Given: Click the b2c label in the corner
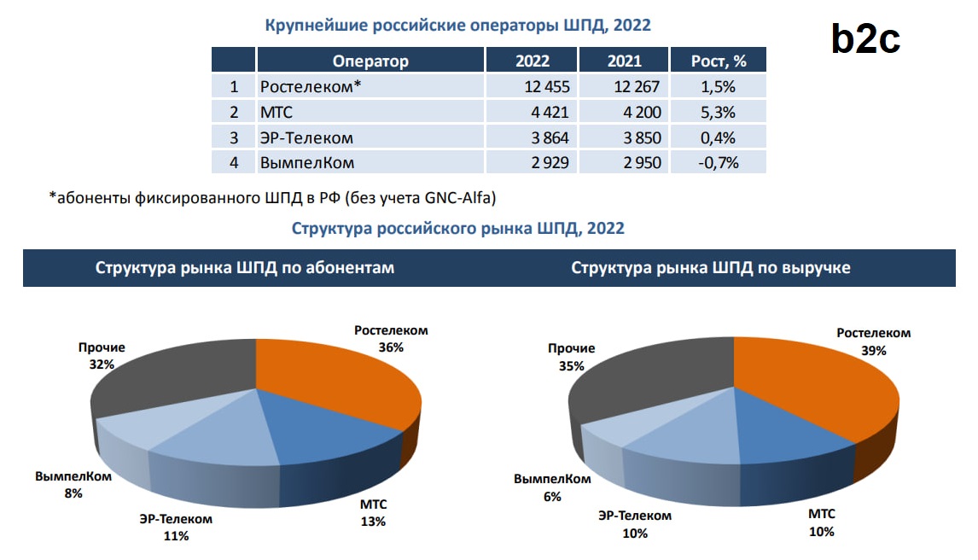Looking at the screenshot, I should pyautogui.click(x=865, y=39).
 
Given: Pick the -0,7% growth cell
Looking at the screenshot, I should pyautogui.click(x=718, y=162).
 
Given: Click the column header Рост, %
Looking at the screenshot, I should pyautogui.click(x=718, y=61).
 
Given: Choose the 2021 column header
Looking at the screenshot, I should pyautogui.click(x=624, y=61).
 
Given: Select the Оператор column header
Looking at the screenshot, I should pyautogui.click(x=370, y=61).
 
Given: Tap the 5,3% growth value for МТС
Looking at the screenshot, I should pyautogui.click(x=718, y=112).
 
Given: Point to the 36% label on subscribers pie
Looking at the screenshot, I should pyautogui.click(x=391, y=347).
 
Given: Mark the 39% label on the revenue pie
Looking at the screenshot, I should pyautogui.click(x=873, y=350).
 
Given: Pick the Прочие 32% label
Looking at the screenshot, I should pyautogui.click(x=102, y=356).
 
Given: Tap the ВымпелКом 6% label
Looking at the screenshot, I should pyautogui.click(x=552, y=487).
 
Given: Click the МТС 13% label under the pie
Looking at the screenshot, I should pyautogui.click(x=373, y=512).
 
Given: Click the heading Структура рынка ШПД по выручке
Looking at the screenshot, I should pyautogui.click(x=711, y=267).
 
